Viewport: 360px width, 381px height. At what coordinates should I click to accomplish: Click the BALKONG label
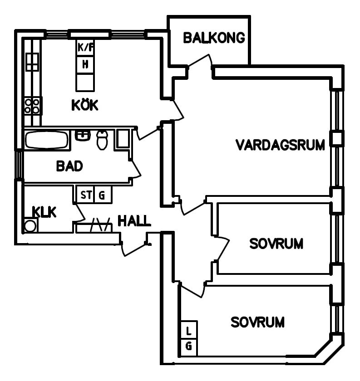tap(214, 38)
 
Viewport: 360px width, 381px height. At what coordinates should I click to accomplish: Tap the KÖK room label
tap(85, 105)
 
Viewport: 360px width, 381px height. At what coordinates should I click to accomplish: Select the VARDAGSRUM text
tap(280, 145)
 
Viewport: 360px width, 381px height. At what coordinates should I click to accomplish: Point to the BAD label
tap(69, 166)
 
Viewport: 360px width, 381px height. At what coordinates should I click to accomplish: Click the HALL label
tap(134, 220)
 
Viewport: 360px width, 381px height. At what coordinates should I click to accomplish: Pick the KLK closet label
tap(44, 212)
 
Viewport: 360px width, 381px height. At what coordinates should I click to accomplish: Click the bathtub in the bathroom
tap(47, 140)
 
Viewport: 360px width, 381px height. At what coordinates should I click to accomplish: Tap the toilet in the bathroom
tap(102, 140)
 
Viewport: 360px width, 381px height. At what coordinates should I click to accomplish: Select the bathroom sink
tap(83, 135)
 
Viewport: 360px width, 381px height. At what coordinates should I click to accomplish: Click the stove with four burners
tap(32, 106)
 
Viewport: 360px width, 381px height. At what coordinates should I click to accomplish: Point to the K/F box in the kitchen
tap(85, 47)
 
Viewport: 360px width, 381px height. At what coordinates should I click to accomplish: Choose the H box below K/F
tap(85, 64)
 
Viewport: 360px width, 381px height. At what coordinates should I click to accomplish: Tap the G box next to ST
tap(103, 195)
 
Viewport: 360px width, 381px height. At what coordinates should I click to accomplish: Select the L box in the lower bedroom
tap(189, 330)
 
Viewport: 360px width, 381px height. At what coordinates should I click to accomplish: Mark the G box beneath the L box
tap(189, 347)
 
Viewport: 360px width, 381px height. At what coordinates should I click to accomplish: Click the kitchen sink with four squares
tap(32, 62)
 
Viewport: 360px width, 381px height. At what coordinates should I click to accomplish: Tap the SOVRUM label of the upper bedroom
tap(276, 244)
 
